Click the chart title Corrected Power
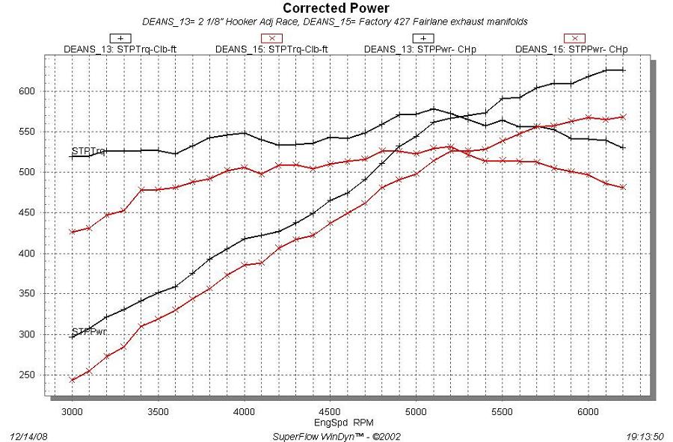click(x=336, y=8)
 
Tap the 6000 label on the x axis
click(x=589, y=411)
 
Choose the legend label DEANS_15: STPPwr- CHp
click(x=571, y=49)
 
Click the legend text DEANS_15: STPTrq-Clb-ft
click(x=271, y=49)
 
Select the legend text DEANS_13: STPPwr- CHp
click(x=421, y=49)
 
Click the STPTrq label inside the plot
click(x=87, y=151)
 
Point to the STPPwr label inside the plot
click(x=88, y=331)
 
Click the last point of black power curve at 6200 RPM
click(x=623, y=70)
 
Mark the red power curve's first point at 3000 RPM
click(x=72, y=380)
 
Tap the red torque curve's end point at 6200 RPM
click(x=623, y=187)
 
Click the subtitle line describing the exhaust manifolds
click(x=335, y=22)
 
